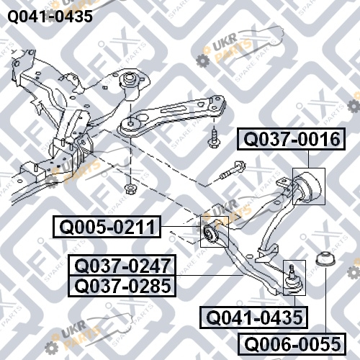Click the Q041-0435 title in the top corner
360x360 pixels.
[x=50, y=17]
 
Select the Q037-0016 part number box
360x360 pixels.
[x=291, y=139]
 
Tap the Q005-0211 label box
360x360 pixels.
[x=107, y=227]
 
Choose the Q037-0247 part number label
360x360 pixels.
[x=122, y=266]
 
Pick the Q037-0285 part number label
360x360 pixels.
[x=122, y=286]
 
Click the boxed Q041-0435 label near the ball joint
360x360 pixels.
[x=254, y=318]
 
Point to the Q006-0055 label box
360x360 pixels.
[x=292, y=344]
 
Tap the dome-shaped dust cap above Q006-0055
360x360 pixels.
[x=325, y=259]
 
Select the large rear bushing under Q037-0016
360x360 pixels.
[x=308, y=186]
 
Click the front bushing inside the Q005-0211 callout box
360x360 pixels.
[x=210, y=233]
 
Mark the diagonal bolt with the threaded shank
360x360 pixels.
[x=232, y=171]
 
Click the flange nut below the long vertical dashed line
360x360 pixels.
[x=130, y=189]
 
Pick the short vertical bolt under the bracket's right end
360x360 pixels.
[x=213, y=138]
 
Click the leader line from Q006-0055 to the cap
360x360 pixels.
[x=326, y=300]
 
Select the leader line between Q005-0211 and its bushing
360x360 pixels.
[x=181, y=226]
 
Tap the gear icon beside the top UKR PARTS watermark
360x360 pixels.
[x=203, y=60]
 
